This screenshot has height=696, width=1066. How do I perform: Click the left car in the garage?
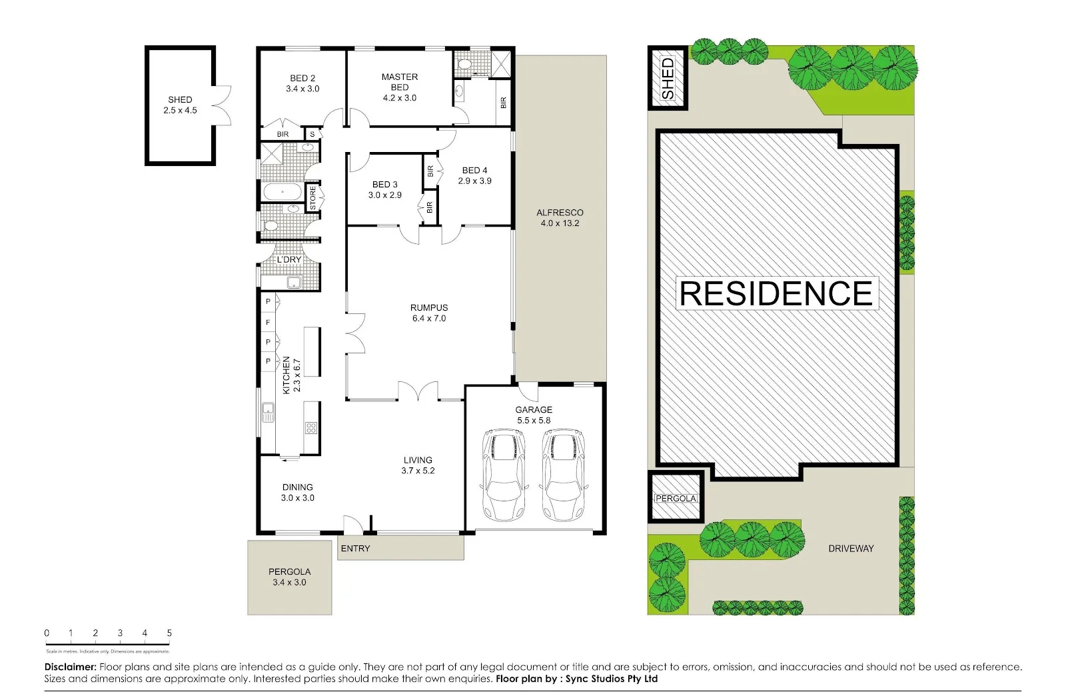(504, 475)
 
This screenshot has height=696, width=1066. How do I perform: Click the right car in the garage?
(564, 475)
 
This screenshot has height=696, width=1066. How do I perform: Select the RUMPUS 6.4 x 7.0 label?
(429, 313)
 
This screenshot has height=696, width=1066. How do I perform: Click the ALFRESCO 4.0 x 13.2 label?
(560, 217)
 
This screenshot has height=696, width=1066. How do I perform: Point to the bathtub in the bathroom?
(282, 193)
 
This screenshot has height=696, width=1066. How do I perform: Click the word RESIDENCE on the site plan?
(776, 294)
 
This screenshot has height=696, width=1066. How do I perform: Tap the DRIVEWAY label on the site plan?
(851, 548)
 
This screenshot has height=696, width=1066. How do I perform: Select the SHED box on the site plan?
(668, 78)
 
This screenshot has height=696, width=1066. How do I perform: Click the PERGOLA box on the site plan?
(676, 498)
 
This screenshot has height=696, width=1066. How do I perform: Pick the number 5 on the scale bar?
(169, 633)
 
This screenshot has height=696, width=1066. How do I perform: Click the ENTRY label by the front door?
(355, 548)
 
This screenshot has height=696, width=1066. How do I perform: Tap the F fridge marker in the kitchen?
(268, 322)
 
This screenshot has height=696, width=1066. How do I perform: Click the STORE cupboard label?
(312, 198)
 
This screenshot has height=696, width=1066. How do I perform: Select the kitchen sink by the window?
(268, 412)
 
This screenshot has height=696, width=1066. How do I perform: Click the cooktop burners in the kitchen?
(311, 427)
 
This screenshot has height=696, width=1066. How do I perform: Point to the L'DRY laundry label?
(289, 259)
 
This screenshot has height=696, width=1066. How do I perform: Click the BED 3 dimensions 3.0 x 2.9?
(385, 195)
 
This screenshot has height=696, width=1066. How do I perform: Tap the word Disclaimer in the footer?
(71, 666)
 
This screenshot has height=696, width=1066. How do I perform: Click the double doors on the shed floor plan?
(223, 105)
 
